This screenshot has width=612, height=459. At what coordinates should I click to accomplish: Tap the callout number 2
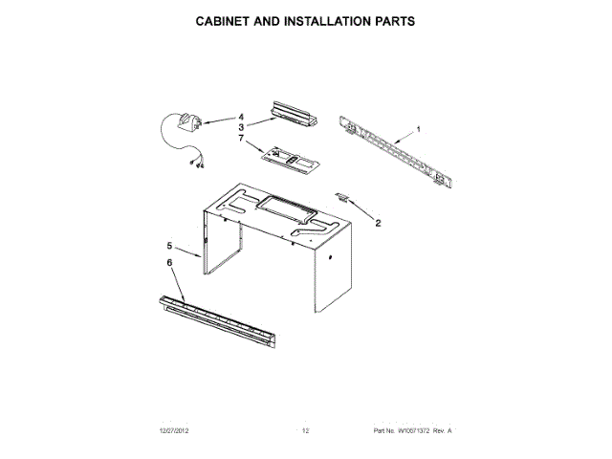[x=377, y=223]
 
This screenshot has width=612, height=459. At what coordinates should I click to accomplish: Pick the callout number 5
[x=170, y=247]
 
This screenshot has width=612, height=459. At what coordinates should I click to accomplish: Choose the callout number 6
[x=170, y=263]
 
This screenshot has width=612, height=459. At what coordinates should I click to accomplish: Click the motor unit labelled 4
[x=184, y=123]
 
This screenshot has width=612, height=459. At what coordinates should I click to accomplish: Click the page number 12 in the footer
[x=305, y=431]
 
